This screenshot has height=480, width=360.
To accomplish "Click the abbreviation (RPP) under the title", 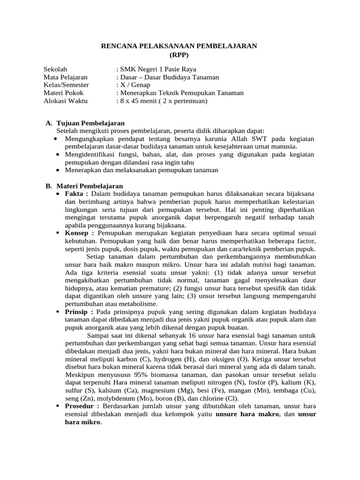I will coord(180,54).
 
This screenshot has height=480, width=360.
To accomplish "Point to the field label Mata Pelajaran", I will coord(66,77).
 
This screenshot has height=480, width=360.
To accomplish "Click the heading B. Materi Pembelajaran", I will coord(84,186).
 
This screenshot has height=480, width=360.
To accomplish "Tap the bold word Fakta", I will coord(76,194).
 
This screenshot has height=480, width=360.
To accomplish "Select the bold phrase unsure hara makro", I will coord(247,414).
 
